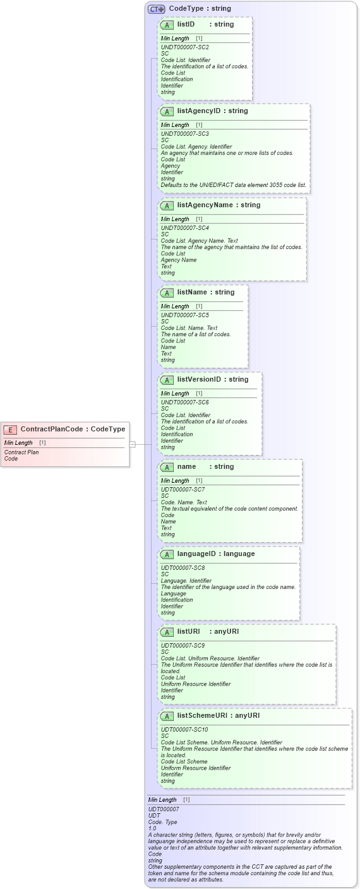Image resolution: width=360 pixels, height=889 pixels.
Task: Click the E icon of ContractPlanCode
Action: [10, 430]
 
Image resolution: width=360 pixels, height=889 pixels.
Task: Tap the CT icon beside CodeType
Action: [156, 9]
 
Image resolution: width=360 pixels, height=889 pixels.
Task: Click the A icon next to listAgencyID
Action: [167, 112]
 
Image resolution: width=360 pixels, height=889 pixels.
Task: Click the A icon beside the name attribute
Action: [167, 468]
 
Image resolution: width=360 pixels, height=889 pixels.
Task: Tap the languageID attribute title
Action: [198, 554]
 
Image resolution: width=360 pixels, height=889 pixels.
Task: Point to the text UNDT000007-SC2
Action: [184, 47]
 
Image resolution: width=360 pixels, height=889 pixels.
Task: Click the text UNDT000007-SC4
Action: [184, 228]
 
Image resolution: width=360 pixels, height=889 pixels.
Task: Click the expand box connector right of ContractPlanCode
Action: [133, 444]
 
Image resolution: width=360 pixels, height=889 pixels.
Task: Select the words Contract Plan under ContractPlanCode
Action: [21, 452]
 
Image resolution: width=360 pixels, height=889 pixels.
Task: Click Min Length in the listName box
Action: [175, 306]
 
